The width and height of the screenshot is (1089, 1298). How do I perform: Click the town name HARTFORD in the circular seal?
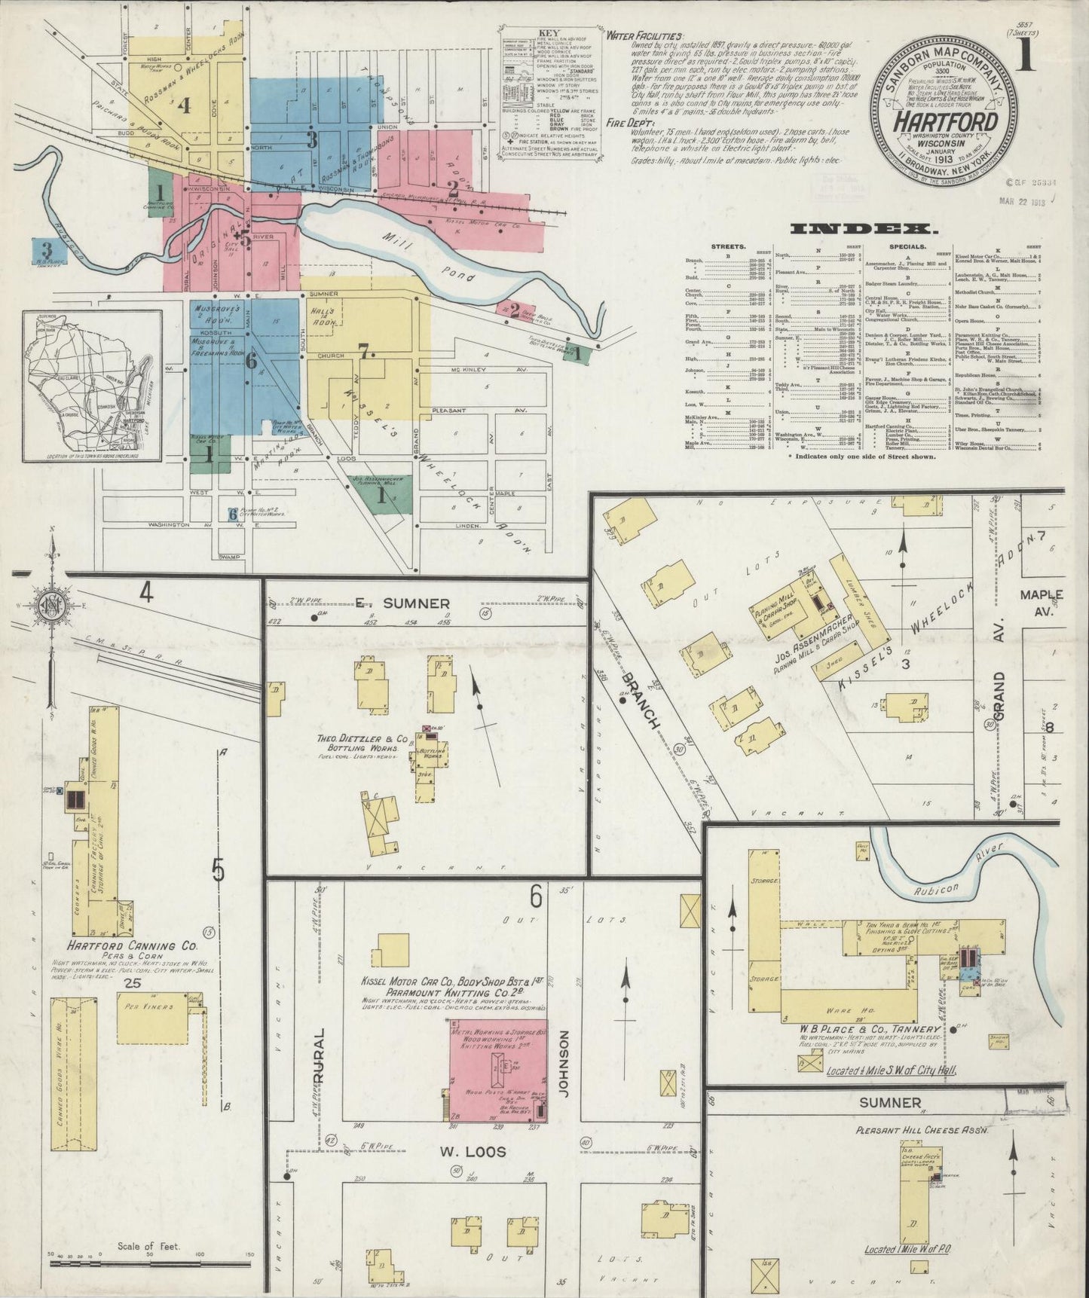click(x=946, y=122)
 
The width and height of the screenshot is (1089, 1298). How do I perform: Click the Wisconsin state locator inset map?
click(x=92, y=397)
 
